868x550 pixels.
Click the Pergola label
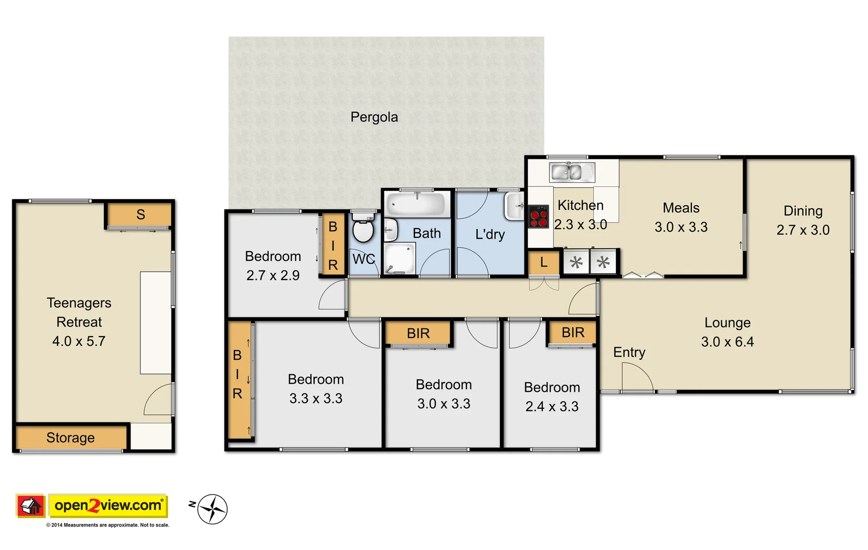point(374,117)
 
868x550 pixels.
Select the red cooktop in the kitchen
point(538,217)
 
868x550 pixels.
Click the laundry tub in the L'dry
point(514,206)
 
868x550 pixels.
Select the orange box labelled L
point(544,263)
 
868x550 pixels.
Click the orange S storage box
point(140,215)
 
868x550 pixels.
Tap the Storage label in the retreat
point(70,437)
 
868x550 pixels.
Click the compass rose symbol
point(212,509)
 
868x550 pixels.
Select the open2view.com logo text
point(108,506)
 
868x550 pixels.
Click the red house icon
point(31,506)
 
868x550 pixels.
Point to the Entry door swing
point(637,378)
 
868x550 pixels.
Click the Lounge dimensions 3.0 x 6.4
point(727,342)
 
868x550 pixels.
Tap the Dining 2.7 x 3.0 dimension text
point(802,230)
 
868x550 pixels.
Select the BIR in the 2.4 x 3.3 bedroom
point(572,333)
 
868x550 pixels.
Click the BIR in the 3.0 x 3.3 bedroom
point(418,334)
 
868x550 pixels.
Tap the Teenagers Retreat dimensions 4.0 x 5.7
point(79,341)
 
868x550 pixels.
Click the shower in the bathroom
point(400,259)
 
